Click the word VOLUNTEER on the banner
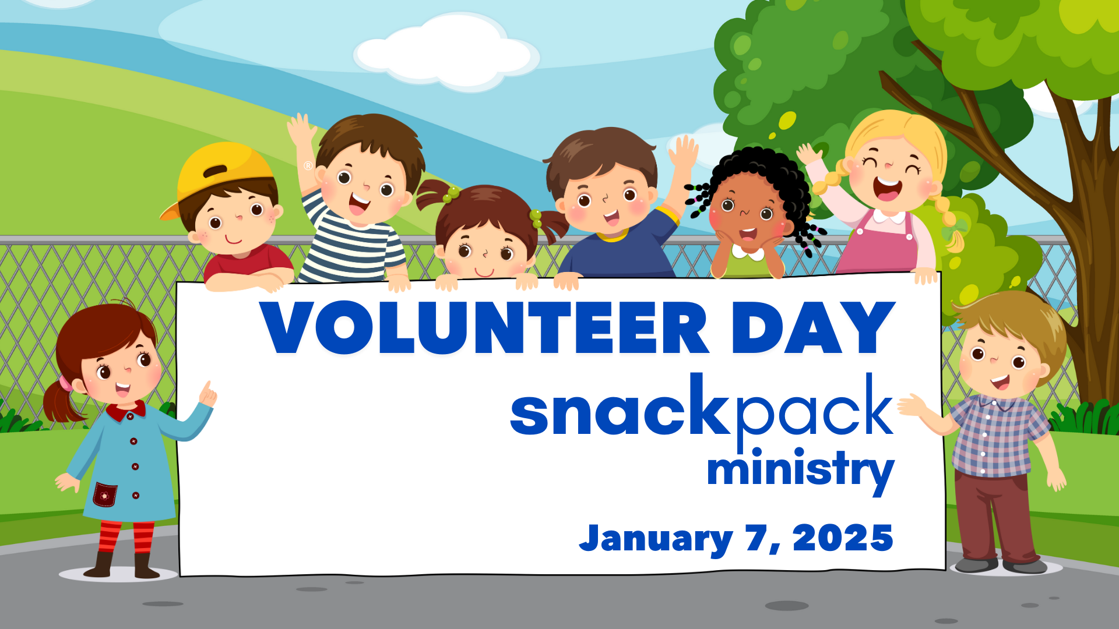pos(484,327)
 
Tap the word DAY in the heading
pos(814,327)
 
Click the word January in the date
pos(656,539)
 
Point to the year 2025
pos(843,538)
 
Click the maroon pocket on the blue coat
pos(105,494)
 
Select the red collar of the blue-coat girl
pos(125,411)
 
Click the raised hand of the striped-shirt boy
pos(301,131)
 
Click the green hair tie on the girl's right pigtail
pos(536,219)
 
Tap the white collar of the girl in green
pos(748,253)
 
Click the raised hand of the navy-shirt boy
pos(683,153)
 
